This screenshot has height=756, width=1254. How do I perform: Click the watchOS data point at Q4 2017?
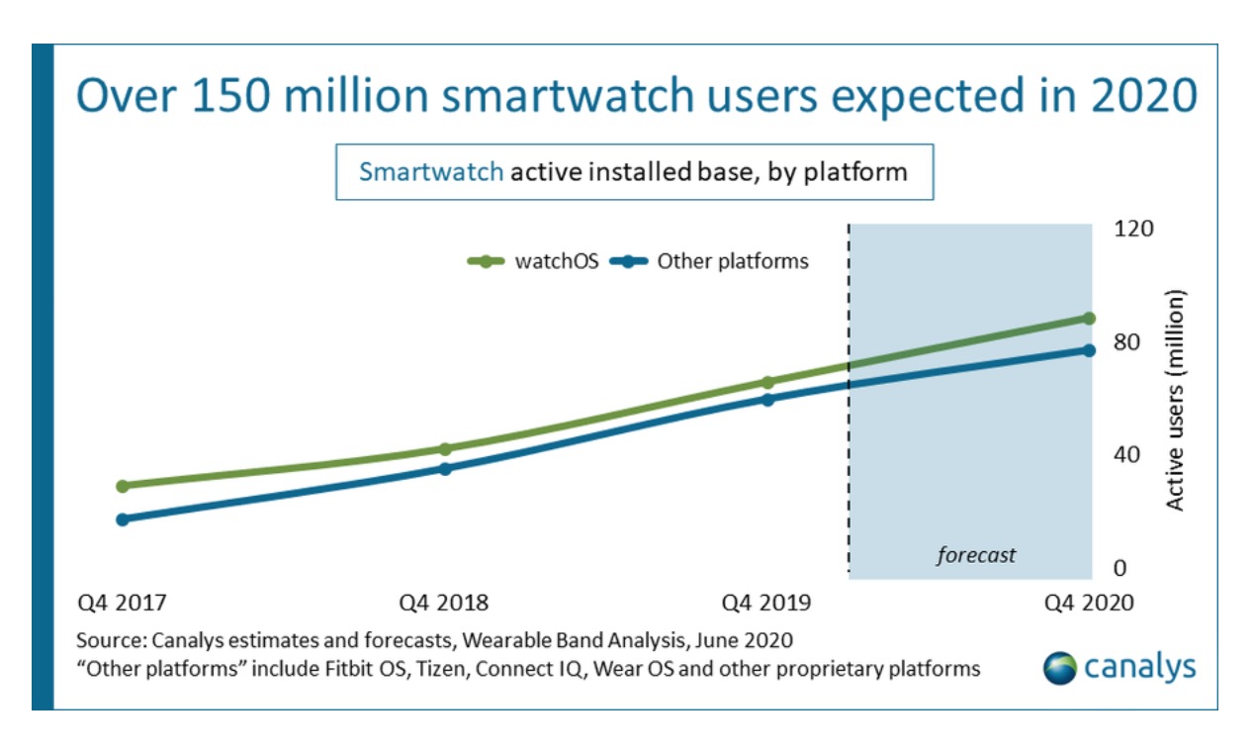pos(123,486)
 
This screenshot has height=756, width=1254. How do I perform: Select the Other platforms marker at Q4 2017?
pos(123,520)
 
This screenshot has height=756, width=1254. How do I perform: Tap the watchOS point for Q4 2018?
pos(445,449)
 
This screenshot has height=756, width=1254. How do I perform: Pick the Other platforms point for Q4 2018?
pos(445,468)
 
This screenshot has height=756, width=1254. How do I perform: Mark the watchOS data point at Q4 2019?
pos(767,382)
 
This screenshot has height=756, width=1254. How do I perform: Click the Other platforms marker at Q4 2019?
pos(767,400)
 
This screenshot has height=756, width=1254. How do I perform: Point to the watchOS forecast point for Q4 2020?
pos(1089,319)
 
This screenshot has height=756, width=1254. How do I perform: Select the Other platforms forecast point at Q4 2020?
pos(1089,350)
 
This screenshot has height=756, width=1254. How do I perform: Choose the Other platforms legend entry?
pos(710,261)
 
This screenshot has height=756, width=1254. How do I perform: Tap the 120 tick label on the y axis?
pos(1134,229)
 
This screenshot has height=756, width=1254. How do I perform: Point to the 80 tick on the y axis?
pos(1128,342)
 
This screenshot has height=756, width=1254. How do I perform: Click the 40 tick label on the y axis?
pos(1128,455)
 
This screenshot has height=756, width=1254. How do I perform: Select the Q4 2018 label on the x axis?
pos(443,603)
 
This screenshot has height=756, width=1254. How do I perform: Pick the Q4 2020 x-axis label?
pos(1089,603)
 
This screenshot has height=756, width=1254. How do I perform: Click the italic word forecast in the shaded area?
pos(976,555)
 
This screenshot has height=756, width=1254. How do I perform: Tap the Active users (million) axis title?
pos(1176,400)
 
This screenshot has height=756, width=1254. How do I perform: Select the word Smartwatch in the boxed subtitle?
pos(431,171)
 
